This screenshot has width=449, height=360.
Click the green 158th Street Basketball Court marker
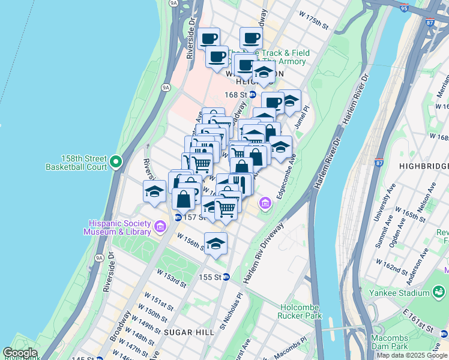pyautogui.click(x=117, y=161)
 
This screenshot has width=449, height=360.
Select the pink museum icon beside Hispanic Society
pyautogui.click(x=160, y=226)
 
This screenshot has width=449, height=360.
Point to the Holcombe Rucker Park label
pyautogui.click(x=300, y=311)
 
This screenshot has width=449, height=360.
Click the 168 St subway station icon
pyautogui.click(x=253, y=95)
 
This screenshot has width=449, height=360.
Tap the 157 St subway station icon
pyautogui.click(x=178, y=217)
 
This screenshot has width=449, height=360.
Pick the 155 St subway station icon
pyautogui.click(x=226, y=277)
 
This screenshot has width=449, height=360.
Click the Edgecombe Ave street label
pyautogui.click(x=286, y=177)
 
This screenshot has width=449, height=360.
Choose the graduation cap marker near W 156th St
pyautogui.click(x=215, y=244)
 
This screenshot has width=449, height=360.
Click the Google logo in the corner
pyautogui.click(x=20, y=353)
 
